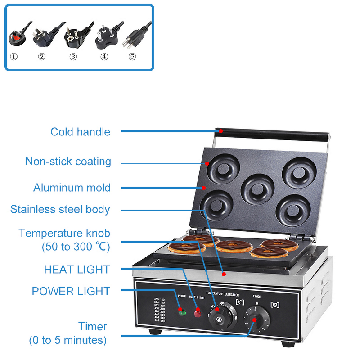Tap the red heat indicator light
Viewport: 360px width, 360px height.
197,312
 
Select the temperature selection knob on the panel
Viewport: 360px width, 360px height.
220,318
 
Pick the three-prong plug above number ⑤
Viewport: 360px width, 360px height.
135,36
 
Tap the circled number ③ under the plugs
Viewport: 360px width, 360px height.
73,57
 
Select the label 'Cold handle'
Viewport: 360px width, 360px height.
80,132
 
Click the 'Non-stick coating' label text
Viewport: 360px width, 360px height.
68,162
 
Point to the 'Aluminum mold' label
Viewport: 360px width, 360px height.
72,188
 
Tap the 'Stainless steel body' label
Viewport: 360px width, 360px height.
60,209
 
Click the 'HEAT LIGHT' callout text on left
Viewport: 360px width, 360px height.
76,270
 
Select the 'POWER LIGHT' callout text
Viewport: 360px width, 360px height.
71,291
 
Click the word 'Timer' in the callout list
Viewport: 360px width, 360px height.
93,327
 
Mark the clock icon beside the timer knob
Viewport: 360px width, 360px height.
275,305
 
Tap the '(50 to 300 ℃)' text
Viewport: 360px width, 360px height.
76,247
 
